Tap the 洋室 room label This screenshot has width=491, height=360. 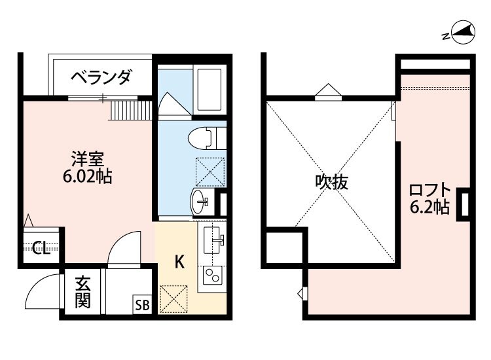click(x=87, y=158)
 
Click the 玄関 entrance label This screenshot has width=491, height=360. click(x=82, y=293)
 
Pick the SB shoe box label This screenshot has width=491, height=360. click(x=142, y=304)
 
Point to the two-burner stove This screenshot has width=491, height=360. click(x=212, y=276)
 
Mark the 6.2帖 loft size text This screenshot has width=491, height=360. click(x=429, y=208)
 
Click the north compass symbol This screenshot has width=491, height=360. click(x=460, y=33)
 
